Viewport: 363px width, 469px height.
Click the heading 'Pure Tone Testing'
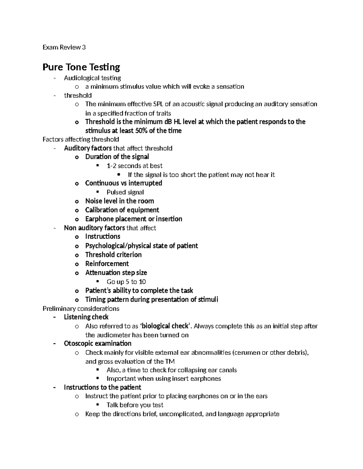coord(81,67)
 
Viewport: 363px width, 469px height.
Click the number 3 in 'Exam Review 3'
coord(84,47)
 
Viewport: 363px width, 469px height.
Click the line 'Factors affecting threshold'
coord(81,139)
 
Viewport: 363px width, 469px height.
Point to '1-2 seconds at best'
coord(134,166)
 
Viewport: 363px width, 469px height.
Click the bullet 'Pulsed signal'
coord(125,192)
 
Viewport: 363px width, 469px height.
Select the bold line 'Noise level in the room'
coord(119,201)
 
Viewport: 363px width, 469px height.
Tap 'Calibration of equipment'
coord(122,210)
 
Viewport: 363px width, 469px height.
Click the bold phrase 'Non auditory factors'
coord(94,228)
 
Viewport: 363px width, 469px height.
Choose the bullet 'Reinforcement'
coord(107,264)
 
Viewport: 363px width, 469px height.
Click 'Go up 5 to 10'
coord(126,282)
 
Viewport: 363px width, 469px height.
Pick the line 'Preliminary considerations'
coord(81,309)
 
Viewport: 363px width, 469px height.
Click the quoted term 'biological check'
coord(165,326)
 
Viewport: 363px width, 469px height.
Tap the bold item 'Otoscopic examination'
coord(97,343)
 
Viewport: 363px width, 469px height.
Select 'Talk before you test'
coord(135,405)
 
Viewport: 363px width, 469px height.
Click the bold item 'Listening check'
coord(86,317)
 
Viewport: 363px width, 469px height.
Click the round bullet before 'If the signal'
coord(118,175)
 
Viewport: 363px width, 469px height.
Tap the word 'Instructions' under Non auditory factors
coord(103,236)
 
